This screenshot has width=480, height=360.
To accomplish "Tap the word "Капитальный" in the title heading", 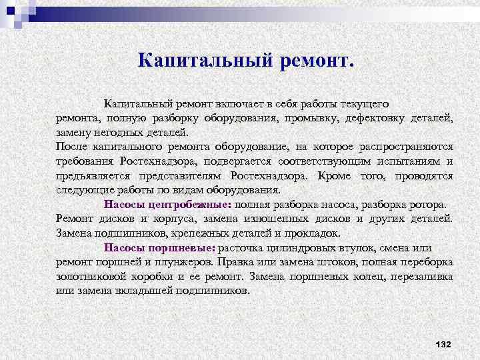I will tap(194, 61).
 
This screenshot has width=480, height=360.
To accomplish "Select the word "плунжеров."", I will tap(187, 261).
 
